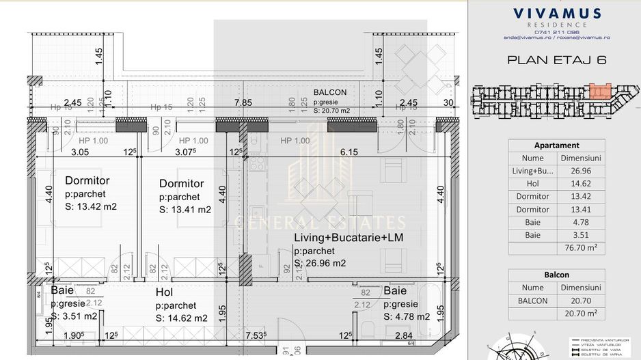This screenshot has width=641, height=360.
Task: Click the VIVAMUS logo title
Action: tap(557, 14)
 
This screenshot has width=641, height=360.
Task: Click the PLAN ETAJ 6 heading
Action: tap(557, 59)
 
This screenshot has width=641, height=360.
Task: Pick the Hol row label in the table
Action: tap(532, 184)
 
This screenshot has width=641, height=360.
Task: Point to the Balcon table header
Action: tap(556, 275)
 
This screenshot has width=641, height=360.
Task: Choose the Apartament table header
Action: tap(556, 145)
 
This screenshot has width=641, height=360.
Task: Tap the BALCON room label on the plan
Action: tap(330, 92)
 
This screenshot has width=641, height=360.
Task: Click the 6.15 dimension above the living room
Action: tap(349, 152)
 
